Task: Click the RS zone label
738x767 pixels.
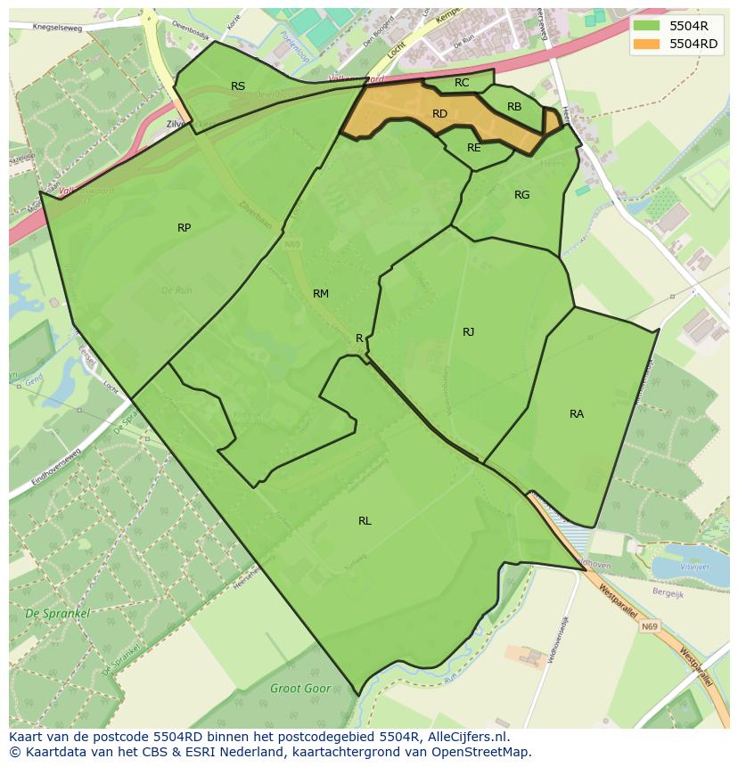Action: tap(238, 86)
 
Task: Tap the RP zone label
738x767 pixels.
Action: tap(184, 228)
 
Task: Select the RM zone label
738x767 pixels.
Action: tap(321, 294)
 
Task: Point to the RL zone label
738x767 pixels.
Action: tap(365, 521)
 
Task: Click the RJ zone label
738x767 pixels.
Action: tap(468, 332)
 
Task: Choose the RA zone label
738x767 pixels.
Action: tap(577, 414)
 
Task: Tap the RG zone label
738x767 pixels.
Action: tap(521, 195)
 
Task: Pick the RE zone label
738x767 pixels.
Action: tap(473, 148)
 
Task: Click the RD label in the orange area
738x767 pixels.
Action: tap(439, 114)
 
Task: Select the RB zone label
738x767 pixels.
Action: tap(514, 107)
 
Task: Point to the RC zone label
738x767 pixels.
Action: tap(462, 83)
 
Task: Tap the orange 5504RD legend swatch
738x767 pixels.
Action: tap(648, 44)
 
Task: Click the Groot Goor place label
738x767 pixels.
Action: tap(300, 689)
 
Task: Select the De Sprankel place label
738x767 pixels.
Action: tap(57, 614)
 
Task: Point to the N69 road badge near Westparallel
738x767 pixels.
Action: tap(650, 627)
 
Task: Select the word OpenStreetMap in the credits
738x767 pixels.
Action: tap(480, 752)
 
